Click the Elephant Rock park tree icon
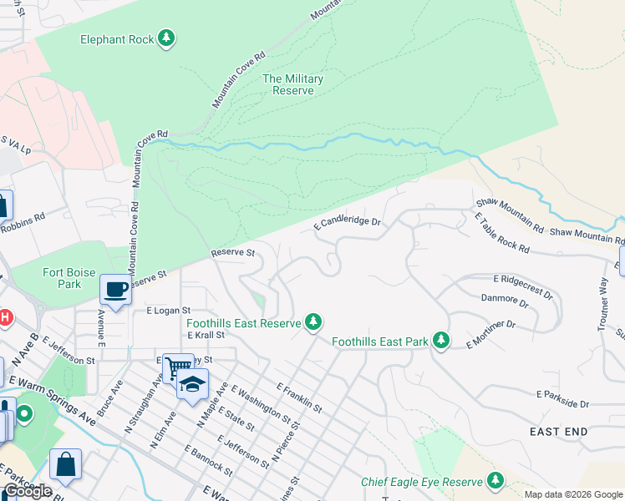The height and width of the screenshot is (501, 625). (x=167, y=38)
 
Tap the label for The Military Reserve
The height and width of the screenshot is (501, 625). (x=292, y=84)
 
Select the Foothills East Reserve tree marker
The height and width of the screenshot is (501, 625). (x=313, y=321)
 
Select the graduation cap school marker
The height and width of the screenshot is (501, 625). (x=192, y=383)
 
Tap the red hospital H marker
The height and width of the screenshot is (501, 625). (x=5, y=317)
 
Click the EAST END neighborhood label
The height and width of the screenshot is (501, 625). (x=559, y=431)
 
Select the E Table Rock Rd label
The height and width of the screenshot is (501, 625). (x=501, y=233)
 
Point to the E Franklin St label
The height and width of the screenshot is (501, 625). (x=299, y=397)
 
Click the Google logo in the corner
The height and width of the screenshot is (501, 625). (x=28, y=490)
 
